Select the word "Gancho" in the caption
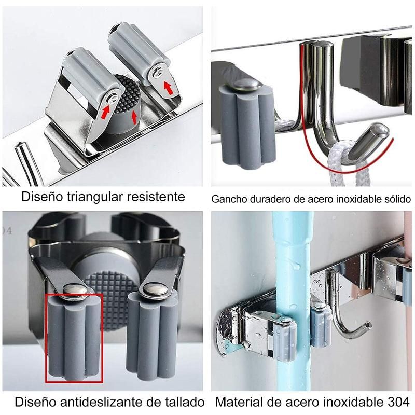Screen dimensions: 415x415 coord(229,199)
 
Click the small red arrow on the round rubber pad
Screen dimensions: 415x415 coord(134,117)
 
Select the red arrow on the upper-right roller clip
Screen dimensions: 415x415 coord(168,88)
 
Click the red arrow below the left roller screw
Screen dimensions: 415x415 coord(105,112)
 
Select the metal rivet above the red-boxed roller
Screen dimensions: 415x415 coord(75,290)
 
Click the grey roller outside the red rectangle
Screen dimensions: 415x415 coord(151,334)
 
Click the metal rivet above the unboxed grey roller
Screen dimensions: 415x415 coord(155,289)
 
